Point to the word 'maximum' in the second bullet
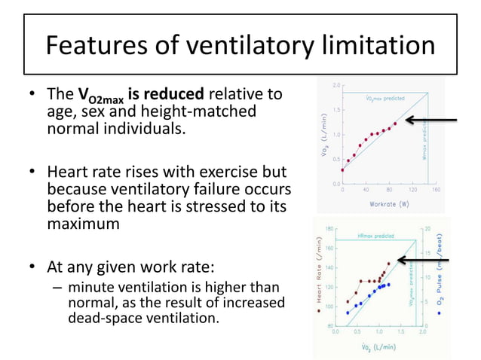tap(83, 224)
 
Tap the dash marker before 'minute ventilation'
tap(57, 288)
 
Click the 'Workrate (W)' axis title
tap(389, 203)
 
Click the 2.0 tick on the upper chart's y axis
tap(334, 85)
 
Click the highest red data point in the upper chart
tap(395, 123)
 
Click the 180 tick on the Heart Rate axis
tap(329, 228)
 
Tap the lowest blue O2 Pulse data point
tap(348, 313)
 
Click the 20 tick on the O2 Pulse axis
tap(427, 228)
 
